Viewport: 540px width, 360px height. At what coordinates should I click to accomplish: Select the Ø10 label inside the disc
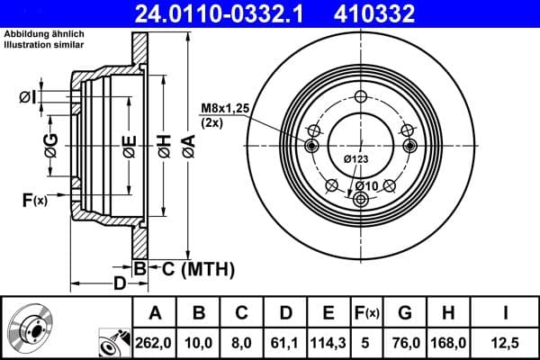click(366, 185)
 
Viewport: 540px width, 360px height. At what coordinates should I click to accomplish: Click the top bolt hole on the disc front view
click(360, 98)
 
